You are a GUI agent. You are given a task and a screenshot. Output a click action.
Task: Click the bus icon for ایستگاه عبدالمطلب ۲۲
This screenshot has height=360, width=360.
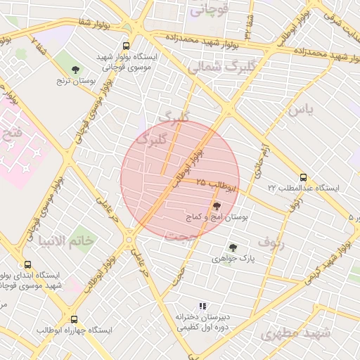303,177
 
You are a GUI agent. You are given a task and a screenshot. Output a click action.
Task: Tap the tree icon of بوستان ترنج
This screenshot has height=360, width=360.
75,69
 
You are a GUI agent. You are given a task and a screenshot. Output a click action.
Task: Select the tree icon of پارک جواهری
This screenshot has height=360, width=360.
232,247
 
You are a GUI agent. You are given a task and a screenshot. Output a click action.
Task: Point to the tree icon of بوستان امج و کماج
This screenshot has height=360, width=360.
216,206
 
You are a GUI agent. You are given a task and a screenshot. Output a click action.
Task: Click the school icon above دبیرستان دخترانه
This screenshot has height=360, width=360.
202,306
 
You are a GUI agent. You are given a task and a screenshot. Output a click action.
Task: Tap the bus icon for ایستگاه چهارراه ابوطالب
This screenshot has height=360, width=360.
74,319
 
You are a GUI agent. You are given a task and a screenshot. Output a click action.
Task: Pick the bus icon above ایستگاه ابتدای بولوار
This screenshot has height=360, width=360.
27,265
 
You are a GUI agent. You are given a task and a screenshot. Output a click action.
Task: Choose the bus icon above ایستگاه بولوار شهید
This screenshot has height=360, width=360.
126,44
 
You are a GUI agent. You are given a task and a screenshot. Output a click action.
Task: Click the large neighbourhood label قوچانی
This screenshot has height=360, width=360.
209,10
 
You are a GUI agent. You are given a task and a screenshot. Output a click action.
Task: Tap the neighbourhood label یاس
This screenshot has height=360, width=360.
299,110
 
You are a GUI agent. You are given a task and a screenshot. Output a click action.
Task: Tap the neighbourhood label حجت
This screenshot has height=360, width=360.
178,236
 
